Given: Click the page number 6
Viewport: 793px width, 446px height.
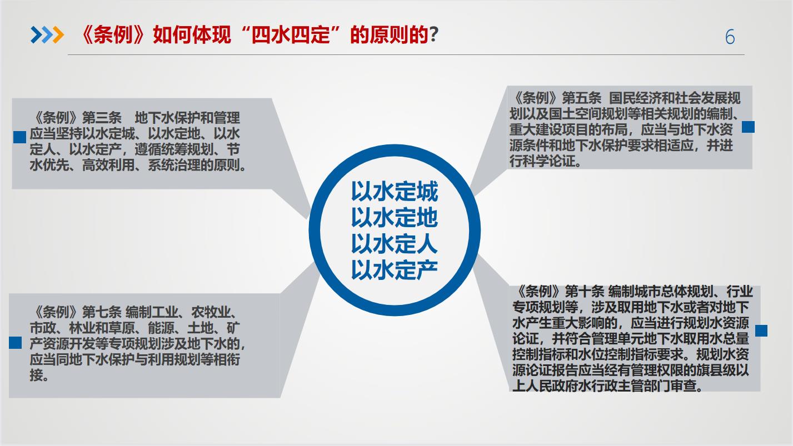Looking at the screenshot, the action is click(730, 37).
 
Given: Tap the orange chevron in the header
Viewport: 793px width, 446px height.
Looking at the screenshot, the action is click(58, 35).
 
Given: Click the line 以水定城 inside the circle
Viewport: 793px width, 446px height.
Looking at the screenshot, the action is click(395, 192).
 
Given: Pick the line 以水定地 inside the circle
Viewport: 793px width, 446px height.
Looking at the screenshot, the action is click(395, 218).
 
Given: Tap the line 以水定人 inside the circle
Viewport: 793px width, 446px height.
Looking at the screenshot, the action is click(395, 244).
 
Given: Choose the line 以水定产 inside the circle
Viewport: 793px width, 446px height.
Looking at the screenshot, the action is click(395, 270).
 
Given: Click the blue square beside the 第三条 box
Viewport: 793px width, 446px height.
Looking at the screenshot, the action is click(20, 137).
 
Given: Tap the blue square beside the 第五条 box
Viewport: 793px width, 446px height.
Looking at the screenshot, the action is click(748, 127).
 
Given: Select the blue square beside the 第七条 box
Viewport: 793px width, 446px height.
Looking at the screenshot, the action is click(15, 342).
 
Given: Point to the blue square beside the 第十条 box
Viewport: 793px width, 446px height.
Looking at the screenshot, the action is click(761, 330).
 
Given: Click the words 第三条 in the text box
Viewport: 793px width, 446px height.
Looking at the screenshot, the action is click(102, 118).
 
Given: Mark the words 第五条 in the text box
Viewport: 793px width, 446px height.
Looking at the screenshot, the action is click(582, 98).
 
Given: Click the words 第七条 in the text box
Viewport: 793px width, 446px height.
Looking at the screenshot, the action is click(102, 312).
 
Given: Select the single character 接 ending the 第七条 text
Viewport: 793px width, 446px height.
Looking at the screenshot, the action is click(36, 375).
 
